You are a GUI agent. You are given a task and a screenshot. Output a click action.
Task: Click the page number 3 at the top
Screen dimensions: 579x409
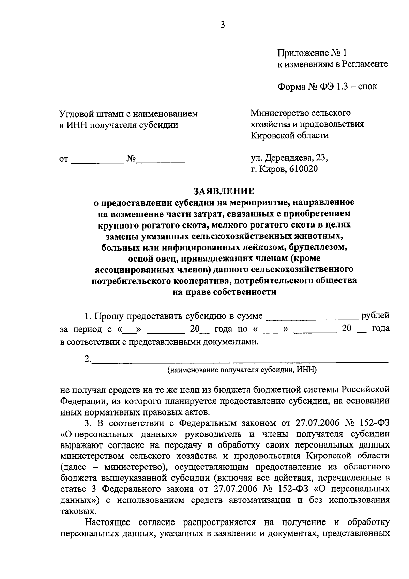click(223, 25)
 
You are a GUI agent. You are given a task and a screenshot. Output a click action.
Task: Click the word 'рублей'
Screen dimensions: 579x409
click(375, 316)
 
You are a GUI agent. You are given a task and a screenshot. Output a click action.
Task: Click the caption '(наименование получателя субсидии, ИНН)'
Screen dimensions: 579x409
click(242, 370)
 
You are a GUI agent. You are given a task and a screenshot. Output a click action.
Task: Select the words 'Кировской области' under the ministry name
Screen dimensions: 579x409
click(289, 136)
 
